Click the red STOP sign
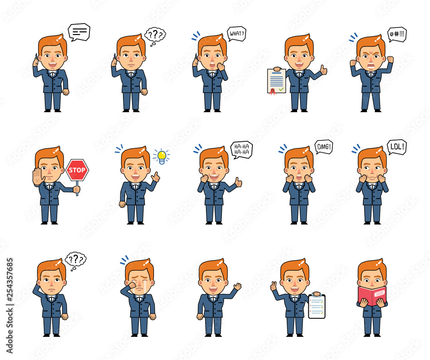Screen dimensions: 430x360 (77, 170)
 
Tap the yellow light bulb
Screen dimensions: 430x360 (162, 157)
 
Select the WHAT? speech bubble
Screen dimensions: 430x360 (236, 34)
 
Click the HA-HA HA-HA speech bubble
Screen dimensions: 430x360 (241, 149)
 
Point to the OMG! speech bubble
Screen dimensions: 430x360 (324, 147)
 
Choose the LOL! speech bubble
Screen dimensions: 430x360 (397, 147)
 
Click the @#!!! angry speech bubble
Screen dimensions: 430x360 (397, 34)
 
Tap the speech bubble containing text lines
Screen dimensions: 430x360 (79, 32)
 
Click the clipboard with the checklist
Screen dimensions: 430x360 (317, 306)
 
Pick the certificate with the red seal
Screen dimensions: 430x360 (276, 81)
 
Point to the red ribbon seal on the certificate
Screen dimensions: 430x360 (272, 92)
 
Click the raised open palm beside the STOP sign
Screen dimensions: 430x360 (38, 177)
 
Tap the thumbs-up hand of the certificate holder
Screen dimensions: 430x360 (324, 70)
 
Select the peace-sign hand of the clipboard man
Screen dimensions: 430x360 (273, 286)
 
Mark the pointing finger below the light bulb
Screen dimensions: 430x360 (156, 177)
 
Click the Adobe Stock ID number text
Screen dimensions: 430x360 (9, 281)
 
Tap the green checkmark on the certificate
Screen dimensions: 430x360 (281, 89)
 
